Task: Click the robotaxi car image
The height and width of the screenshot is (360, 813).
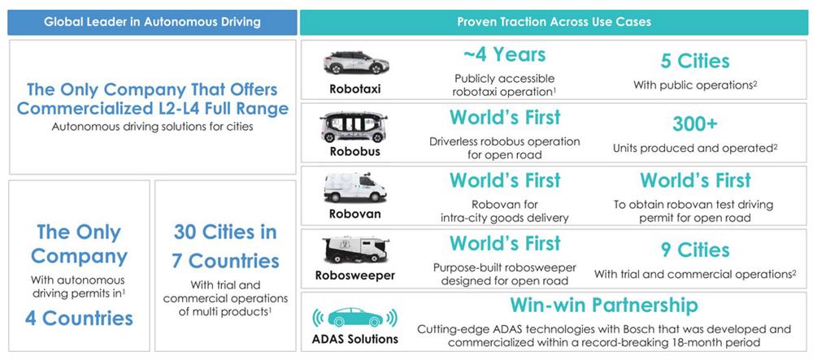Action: click(x=356, y=62)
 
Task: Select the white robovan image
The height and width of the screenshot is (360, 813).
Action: click(x=355, y=189)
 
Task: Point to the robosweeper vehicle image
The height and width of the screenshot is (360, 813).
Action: click(x=355, y=249)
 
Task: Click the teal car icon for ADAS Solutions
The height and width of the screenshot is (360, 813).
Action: click(x=355, y=317)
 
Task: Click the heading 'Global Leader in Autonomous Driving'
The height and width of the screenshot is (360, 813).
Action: click(x=152, y=22)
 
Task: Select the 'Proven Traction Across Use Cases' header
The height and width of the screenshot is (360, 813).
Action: click(x=554, y=22)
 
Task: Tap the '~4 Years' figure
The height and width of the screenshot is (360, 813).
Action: click(x=505, y=54)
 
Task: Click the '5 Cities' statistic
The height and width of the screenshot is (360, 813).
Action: click(x=695, y=61)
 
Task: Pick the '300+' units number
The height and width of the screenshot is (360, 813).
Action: click(x=695, y=124)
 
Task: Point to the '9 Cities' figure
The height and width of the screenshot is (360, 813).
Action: click(x=695, y=250)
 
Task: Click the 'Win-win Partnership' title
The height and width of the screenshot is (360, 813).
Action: click(x=604, y=305)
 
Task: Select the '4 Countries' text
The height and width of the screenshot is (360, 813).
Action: click(x=79, y=318)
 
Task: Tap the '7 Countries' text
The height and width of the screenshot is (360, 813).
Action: click(x=225, y=261)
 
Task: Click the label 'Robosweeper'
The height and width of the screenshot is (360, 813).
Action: click(x=355, y=275)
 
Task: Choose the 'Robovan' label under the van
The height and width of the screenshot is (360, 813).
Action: click(x=355, y=214)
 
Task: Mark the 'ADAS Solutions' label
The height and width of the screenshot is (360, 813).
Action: click(x=355, y=340)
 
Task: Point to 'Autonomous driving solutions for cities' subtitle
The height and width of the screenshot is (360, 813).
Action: click(x=153, y=127)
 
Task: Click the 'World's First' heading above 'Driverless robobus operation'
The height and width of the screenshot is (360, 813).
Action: click(x=505, y=118)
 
